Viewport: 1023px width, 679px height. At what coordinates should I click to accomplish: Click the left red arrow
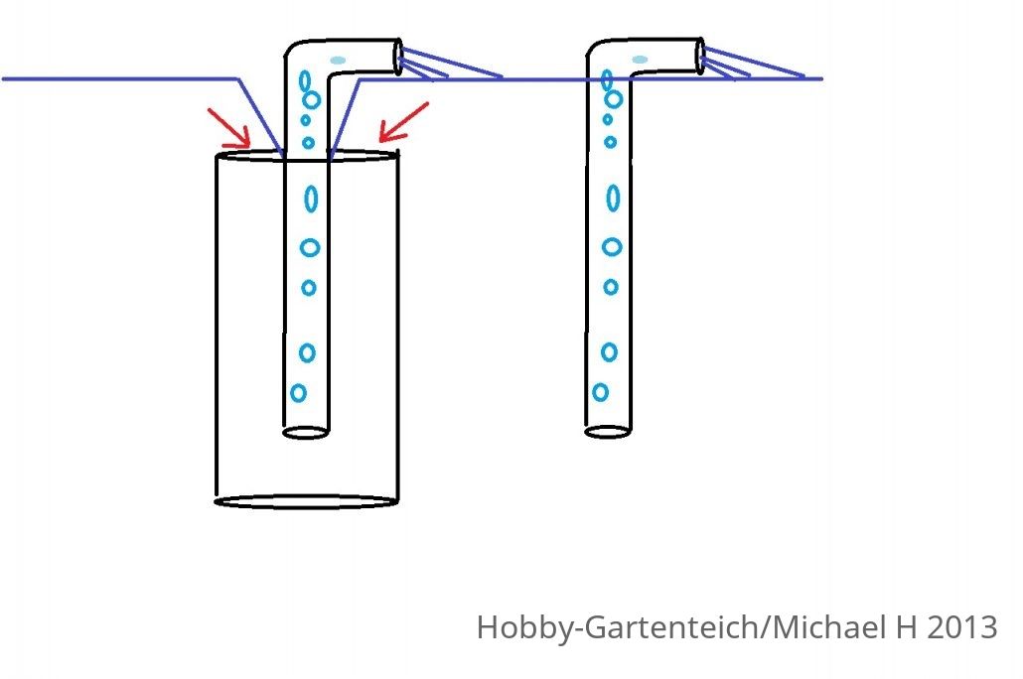[x=229, y=128]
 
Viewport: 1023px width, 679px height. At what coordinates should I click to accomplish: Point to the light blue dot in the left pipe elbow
[x=338, y=61]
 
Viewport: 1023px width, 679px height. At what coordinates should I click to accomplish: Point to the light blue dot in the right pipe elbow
[x=640, y=60]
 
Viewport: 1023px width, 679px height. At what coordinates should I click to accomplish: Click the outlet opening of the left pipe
[x=398, y=58]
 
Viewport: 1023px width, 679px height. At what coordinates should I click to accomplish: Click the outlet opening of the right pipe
[x=700, y=57]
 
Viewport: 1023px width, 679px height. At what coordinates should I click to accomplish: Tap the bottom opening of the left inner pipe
[x=305, y=433]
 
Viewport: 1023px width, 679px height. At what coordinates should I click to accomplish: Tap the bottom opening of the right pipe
[x=608, y=432]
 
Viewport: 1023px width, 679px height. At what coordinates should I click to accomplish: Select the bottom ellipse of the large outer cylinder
[x=306, y=501]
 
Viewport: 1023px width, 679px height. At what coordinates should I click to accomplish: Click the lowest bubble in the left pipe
[x=298, y=393]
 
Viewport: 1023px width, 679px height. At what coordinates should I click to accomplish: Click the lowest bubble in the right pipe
[x=600, y=392]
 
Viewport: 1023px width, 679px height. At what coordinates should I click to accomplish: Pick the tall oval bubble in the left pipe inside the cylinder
[x=311, y=199]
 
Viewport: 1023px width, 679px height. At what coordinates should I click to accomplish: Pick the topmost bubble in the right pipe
[x=607, y=79]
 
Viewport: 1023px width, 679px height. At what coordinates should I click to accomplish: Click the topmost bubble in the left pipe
[x=305, y=80]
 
